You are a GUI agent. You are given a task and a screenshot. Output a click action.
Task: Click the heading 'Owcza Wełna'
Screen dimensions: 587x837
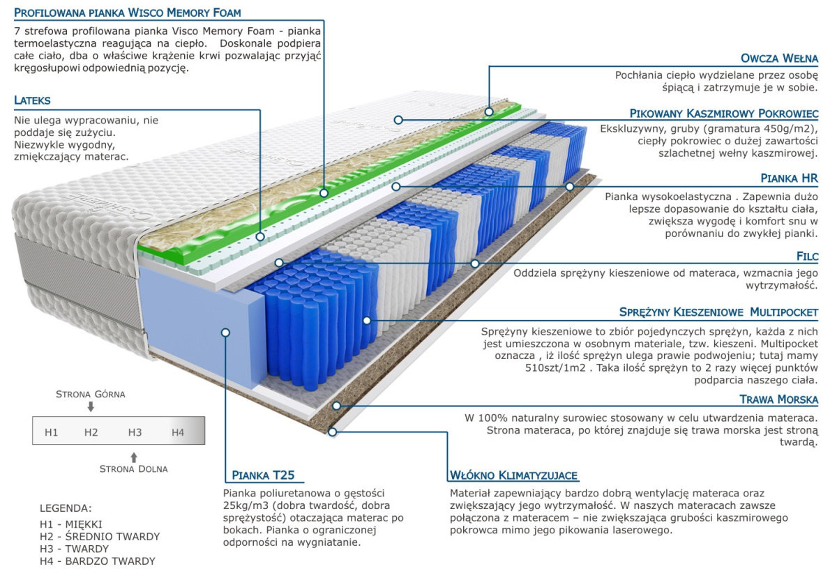pos(780,59)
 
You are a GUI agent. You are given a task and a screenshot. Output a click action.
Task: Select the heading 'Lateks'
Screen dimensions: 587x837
pos(32,101)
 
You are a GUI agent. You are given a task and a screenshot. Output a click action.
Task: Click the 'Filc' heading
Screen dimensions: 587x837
pos(806,257)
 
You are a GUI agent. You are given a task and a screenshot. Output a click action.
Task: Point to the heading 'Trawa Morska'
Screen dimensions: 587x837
pos(778,399)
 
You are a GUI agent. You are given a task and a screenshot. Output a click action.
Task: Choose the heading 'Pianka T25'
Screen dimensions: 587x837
pos(263,476)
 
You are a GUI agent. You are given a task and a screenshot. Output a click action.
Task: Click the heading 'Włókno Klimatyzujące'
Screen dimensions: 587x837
pos(513,476)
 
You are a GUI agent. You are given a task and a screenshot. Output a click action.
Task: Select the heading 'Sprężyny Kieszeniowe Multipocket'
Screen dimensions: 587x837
pos(718,312)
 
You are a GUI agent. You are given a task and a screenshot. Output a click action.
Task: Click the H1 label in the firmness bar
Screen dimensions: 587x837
pos(51,432)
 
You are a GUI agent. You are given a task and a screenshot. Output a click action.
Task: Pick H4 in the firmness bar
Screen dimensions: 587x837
pos(178,432)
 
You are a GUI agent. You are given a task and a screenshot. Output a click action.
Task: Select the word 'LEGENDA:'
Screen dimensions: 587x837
pos(66,508)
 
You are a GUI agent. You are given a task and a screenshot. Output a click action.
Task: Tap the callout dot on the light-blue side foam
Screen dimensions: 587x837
pos(225,333)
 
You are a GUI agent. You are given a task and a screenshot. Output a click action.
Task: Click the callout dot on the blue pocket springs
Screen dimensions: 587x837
pos(366,321)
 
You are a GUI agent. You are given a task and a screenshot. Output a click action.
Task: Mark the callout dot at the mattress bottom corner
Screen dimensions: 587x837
pos(333,432)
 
